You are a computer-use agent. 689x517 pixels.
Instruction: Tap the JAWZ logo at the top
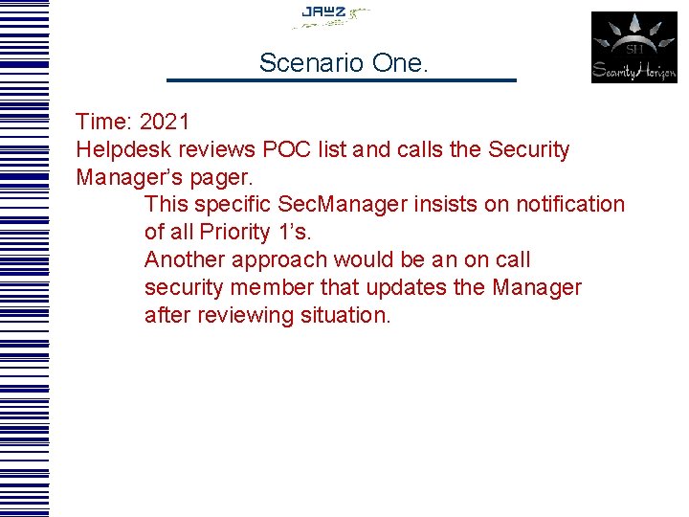(x=330, y=15)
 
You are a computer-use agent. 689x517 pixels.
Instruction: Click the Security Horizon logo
(x=633, y=47)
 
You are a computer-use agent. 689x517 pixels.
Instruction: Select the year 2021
(x=165, y=123)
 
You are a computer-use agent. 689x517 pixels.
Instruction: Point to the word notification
(x=570, y=205)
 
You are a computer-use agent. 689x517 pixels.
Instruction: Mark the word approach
(x=277, y=260)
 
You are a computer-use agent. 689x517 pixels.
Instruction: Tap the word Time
(x=101, y=123)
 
